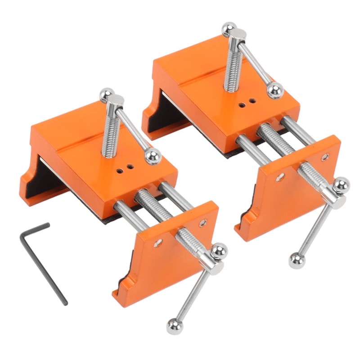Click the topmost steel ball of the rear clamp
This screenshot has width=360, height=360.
[229, 29]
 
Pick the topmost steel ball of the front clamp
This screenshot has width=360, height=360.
[107, 94]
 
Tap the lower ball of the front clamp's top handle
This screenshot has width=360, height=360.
[153, 156]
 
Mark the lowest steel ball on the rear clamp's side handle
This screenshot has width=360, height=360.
[296, 261]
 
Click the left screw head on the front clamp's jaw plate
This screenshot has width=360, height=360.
[157, 243]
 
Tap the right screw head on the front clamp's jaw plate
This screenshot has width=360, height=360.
[203, 222]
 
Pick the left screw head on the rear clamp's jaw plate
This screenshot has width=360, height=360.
[280, 177]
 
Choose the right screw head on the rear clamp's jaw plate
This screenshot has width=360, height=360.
[325, 157]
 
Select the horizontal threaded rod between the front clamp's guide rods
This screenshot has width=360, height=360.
[153, 205]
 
